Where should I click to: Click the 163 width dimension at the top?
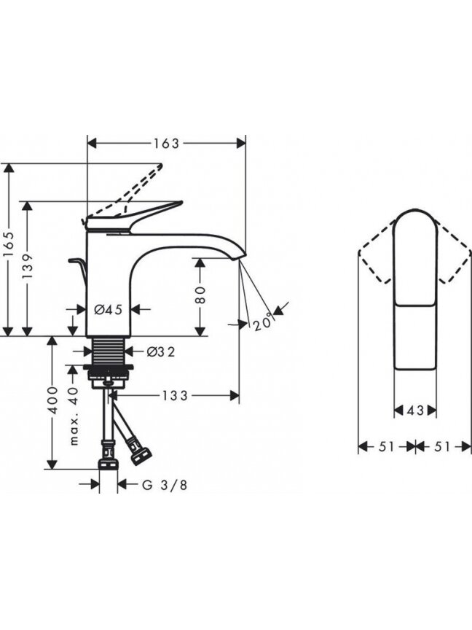tap(166, 143)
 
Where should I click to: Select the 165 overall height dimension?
tap(9, 246)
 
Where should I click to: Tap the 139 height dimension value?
tap(27, 267)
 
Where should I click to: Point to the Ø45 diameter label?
tap(108, 309)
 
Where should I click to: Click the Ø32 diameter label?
tap(161, 351)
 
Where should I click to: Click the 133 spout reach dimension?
tap(175, 396)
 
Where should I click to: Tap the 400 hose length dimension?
tap(52, 400)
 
